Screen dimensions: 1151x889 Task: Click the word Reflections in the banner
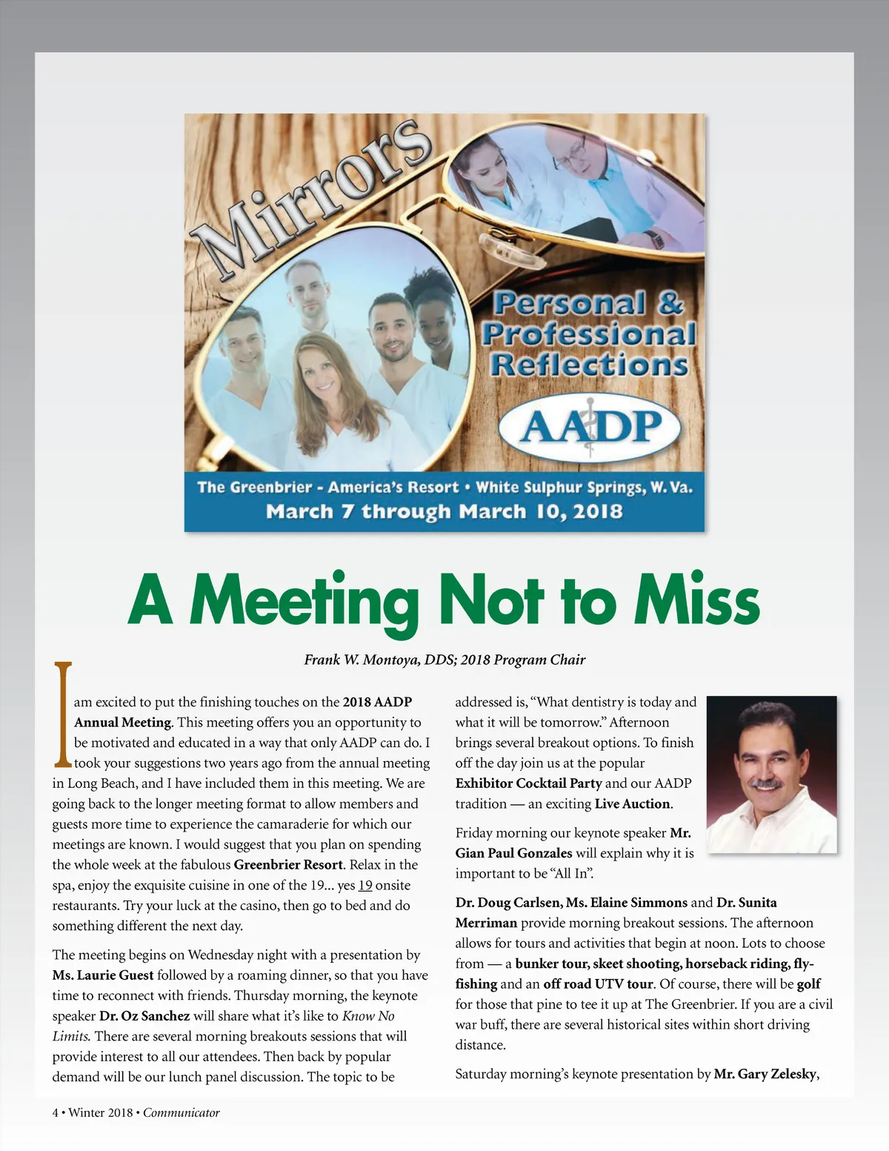pos(590,365)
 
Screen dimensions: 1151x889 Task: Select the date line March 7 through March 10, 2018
pos(444,511)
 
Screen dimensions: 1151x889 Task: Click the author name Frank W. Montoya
pos(360,660)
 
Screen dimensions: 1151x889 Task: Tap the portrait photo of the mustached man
pos(771,774)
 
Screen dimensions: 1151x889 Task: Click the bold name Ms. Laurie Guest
pos(103,975)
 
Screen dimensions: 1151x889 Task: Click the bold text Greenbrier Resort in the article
pos(288,865)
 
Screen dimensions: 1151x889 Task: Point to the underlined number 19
pos(364,885)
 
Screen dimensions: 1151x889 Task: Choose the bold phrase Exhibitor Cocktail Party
pos(528,783)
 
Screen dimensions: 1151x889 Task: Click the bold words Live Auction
pos(633,803)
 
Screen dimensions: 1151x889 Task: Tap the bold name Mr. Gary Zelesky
pos(765,1074)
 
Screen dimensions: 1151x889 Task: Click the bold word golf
pos(808,984)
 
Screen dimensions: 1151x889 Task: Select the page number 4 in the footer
pos(56,1112)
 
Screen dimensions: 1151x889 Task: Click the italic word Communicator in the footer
pos(182,1112)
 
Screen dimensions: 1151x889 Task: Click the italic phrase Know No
pos(368,1016)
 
